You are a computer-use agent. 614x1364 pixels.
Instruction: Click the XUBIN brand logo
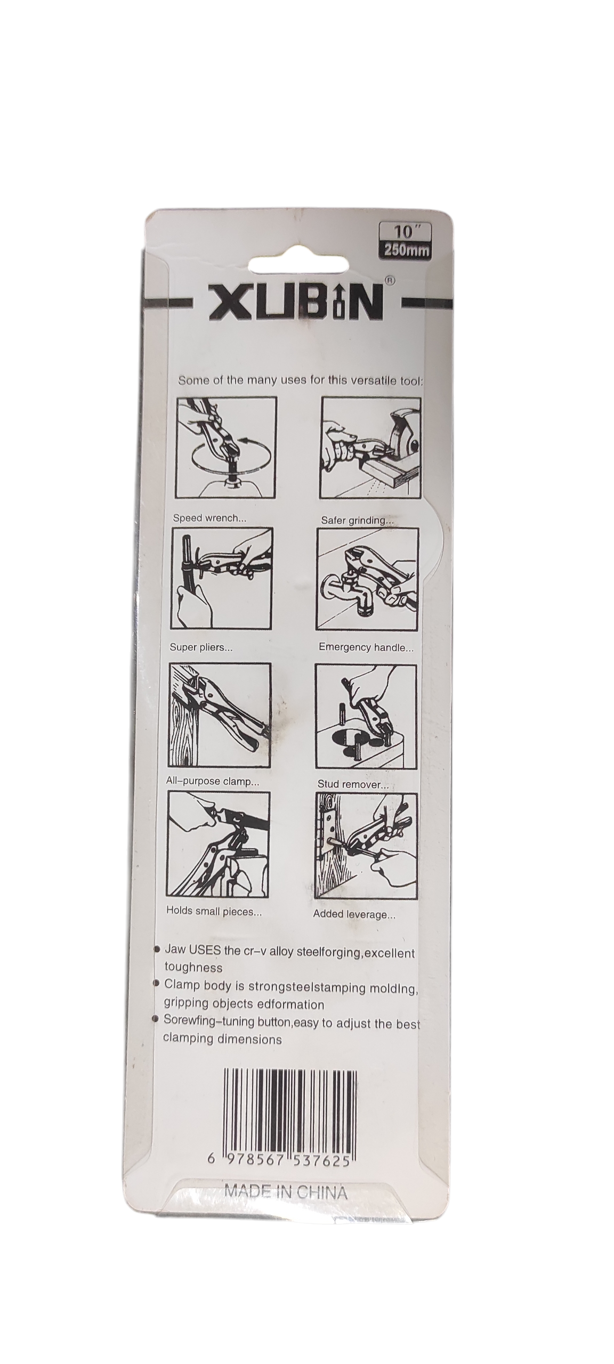(x=296, y=302)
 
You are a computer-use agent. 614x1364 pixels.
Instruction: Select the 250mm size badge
(x=407, y=250)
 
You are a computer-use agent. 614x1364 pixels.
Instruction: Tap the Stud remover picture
(x=366, y=716)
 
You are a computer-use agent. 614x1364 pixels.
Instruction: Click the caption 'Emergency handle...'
(x=366, y=648)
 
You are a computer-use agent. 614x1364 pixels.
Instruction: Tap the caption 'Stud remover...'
(x=353, y=784)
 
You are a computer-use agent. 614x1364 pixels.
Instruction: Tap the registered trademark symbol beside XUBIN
(x=389, y=279)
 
